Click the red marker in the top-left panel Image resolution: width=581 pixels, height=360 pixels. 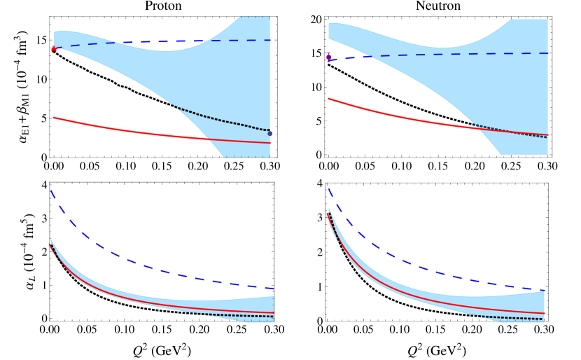(x=54, y=49)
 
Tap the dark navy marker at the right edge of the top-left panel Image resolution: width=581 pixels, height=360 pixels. (x=269, y=133)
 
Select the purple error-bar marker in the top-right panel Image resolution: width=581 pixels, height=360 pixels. (x=328, y=57)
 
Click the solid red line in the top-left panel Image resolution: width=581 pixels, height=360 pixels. (x=140, y=132)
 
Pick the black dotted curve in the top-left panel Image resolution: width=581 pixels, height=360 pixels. (x=224, y=120)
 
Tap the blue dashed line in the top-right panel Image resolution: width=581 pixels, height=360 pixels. (x=455, y=54)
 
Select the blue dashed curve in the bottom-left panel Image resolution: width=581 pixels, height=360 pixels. (x=140, y=263)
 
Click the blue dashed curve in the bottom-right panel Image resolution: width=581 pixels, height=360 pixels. (x=420, y=264)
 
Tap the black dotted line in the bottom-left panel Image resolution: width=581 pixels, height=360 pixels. (x=245, y=316)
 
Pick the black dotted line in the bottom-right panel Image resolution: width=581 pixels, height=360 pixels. (x=518, y=319)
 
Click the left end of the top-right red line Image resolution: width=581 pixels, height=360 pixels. (x=329, y=99)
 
